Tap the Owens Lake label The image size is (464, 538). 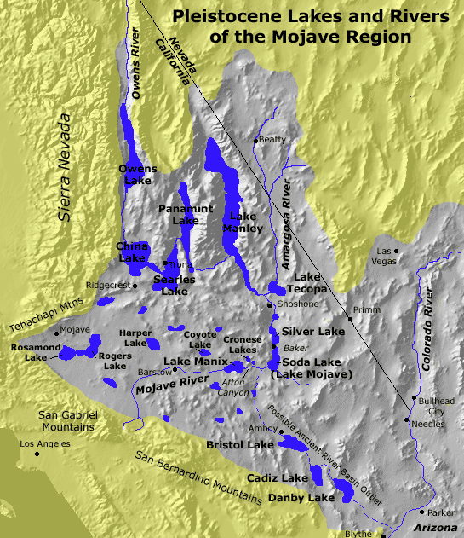pyautogui.click(x=136, y=175)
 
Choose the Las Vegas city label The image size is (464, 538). pyautogui.click(x=387, y=257)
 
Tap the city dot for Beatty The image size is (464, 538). pyautogui.click(x=255, y=140)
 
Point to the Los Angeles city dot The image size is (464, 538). pyautogui.click(x=37, y=454)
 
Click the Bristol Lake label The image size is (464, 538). pyautogui.click(x=240, y=445)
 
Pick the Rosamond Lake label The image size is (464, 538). pyautogui.click(x=35, y=352)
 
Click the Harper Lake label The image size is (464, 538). pyautogui.click(x=136, y=338)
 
